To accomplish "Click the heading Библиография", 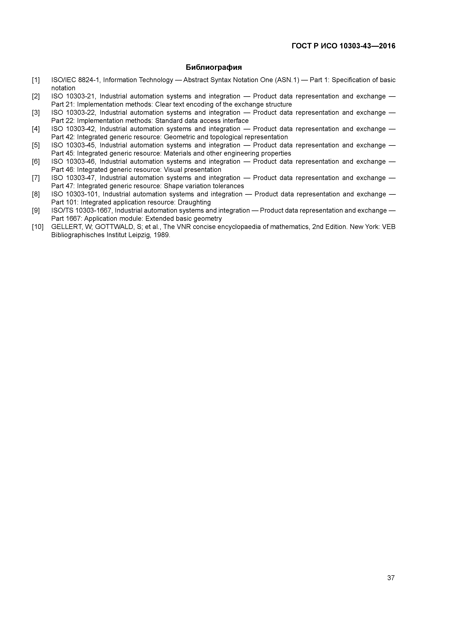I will click(214, 67).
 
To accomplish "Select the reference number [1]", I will click(36, 80).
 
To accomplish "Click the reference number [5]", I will click(36, 145).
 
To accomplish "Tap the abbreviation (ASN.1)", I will click(287, 80).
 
